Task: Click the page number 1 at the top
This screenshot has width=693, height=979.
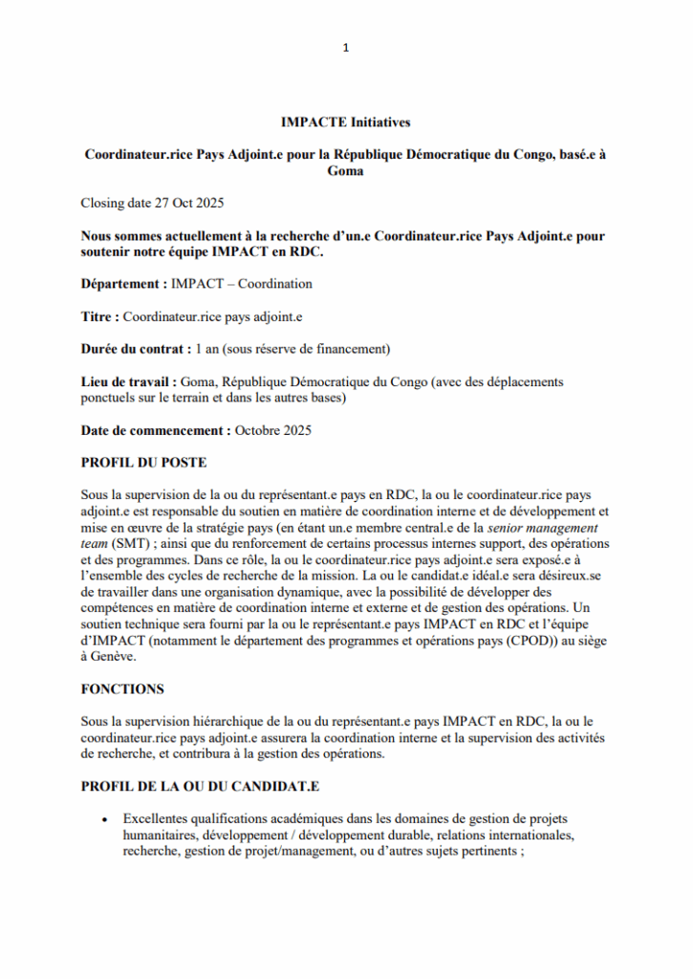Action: coord(346,48)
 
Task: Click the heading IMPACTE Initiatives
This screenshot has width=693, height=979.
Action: coord(346,122)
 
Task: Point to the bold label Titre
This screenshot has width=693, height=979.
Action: coord(99,315)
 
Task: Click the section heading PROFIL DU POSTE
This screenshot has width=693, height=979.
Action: coord(143,463)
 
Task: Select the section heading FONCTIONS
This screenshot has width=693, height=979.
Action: coord(122,688)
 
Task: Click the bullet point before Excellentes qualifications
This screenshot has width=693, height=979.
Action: coord(102,819)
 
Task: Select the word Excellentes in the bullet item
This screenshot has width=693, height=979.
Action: coord(159,819)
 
